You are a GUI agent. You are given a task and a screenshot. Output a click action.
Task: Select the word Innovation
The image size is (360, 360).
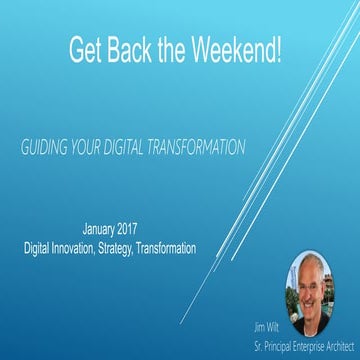pyautogui.click(x=103, y=242)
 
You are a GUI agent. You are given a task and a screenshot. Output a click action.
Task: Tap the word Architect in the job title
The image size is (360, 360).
pyautogui.click(x=331, y=340)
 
